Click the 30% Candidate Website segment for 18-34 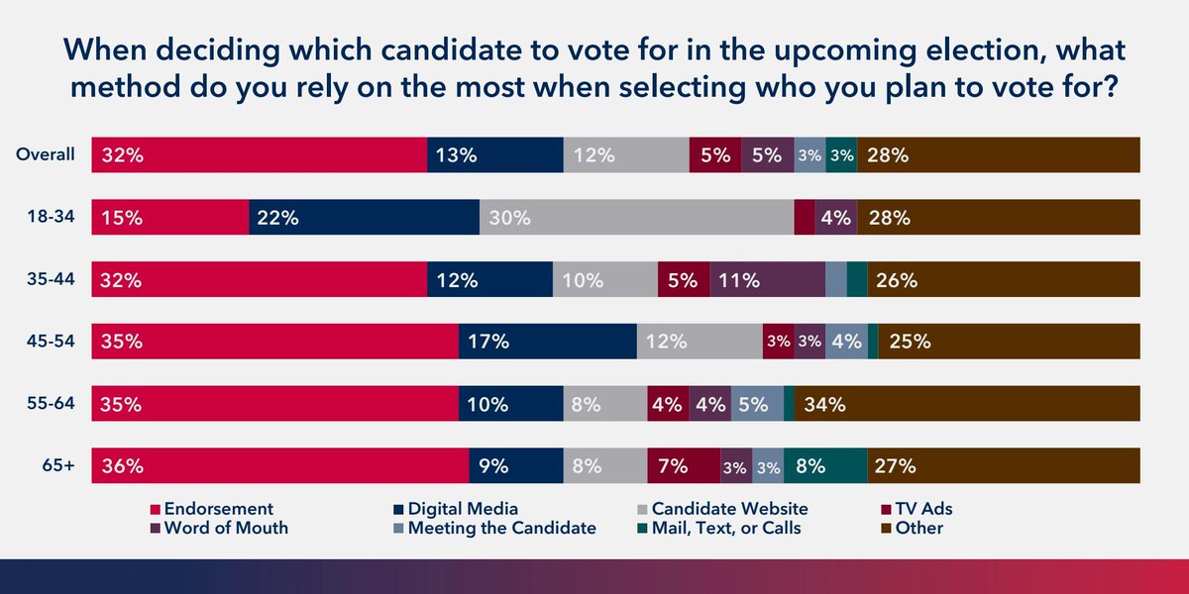(x=636, y=218)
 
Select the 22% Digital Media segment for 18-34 (x=364, y=218)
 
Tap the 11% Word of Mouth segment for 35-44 (x=767, y=279)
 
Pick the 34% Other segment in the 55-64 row (x=966, y=403)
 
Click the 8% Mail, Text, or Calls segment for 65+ (x=824, y=465)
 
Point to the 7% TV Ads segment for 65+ (x=683, y=465)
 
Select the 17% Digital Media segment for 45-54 (x=547, y=342)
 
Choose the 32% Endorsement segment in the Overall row (x=259, y=155)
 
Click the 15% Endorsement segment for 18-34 (x=169, y=218)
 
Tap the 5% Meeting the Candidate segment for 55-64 (x=757, y=403)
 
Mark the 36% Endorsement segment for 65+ (x=279, y=465)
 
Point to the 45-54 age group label (x=52, y=341)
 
